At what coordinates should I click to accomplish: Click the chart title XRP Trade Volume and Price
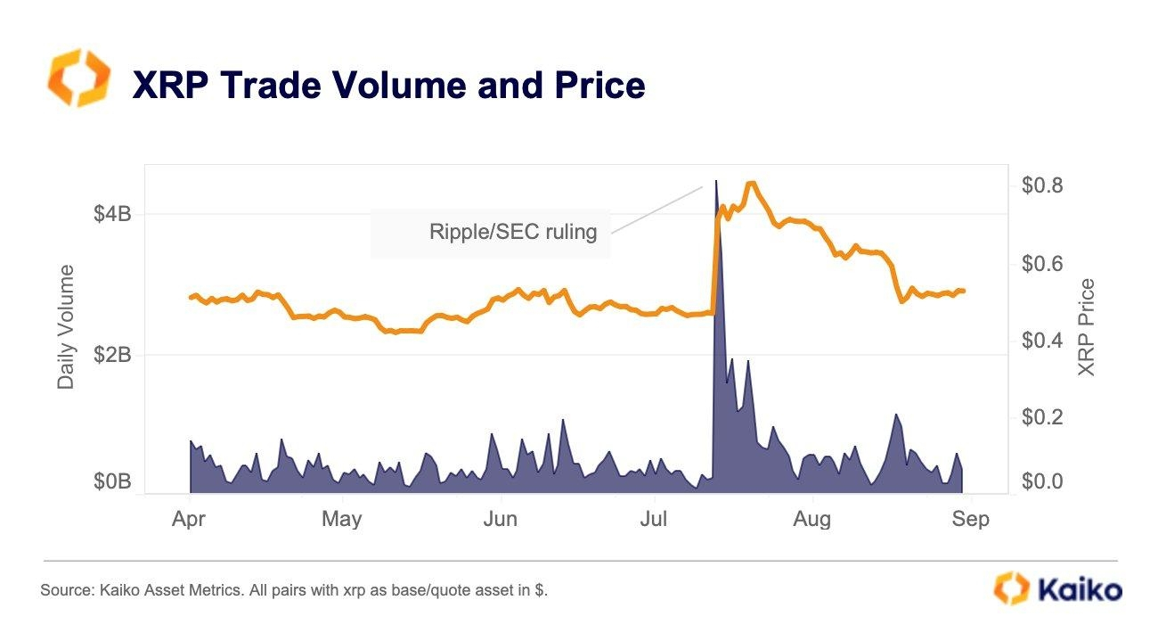point(388,86)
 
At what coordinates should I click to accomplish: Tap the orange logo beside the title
point(78,78)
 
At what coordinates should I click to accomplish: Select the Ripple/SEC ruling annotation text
point(512,233)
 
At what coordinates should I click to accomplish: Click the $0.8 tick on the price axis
point(1041,186)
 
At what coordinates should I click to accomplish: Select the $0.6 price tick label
point(1041,264)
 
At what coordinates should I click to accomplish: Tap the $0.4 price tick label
point(1041,341)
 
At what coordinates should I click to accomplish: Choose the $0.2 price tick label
point(1041,417)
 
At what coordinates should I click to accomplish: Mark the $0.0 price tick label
point(1041,482)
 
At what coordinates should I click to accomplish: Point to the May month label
point(342,519)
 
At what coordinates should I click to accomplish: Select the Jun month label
point(500,519)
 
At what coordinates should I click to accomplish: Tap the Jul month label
point(655,519)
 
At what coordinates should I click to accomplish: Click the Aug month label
point(811,519)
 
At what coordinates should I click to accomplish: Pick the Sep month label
point(970,519)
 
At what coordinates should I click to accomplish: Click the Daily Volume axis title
point(66,327)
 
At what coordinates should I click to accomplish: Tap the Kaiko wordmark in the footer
point(1079,589)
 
